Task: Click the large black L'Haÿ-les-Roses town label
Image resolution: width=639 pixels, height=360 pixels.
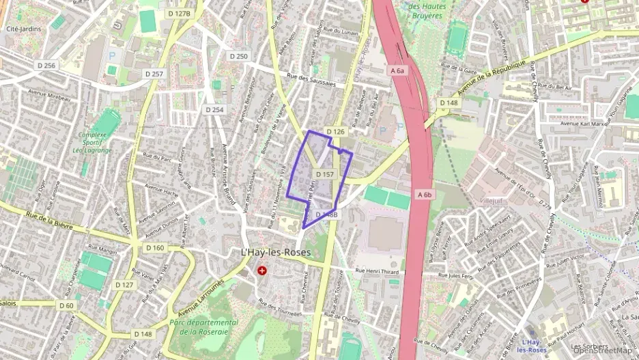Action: pyautogui.click(x=276, y=252)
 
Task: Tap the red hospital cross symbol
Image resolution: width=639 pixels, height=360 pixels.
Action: pyautogui.click(x=261, y=271)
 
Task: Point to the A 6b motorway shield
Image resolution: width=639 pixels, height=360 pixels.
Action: pyautogui.click(x=424, y=195)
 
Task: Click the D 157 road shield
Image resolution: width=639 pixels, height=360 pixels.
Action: pyautogui.click(x=325, y=175)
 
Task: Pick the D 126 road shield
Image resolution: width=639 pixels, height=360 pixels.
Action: pyautogui.click(x=335, y=131)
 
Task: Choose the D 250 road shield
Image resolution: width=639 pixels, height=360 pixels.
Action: pyautogui.click(x=238, y=56)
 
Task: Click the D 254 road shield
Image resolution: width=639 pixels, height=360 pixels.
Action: pyautogui.click(x=214, y=109)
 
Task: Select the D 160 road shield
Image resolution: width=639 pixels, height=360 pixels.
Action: pyautogui.click(x=155, y=247)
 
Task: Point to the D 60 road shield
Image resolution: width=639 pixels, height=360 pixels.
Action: pyautogui.click(x=66, y=305)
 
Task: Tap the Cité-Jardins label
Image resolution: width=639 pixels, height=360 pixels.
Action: pyautogui.click(x=24, y=29)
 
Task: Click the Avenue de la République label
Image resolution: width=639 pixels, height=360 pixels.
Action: pyautogui.click(x=492, y=77)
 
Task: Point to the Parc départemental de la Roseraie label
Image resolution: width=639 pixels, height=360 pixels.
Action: pyautogui.click(x=204, y=327)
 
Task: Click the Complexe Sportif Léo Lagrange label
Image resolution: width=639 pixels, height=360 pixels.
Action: pyautogui.click(x=92, y=142)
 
